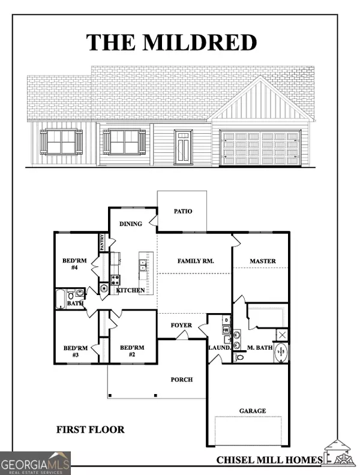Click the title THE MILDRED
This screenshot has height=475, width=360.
tap(172, 43)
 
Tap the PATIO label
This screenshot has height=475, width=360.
tap(183, 212)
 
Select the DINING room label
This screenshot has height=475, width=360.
tap(131, 224)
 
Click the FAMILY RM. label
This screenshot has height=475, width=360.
tap(196, 261)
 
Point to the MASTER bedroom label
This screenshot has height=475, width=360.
tap(263, 261)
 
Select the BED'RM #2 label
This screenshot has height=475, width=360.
tap(132, 351)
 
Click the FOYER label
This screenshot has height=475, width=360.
tap(181, 326)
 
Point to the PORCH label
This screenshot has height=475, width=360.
tap(181, 378)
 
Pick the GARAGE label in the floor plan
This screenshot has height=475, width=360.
tap(253, 411)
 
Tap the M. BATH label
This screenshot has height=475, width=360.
tap(260, 347)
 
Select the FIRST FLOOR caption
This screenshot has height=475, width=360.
tap(91, 429)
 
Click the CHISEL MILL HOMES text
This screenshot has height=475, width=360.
tap(269, 459)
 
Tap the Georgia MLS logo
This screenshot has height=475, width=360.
tap(35, 463)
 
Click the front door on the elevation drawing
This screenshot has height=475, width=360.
tap(182, 148)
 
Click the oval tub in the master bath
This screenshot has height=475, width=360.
tap(281, 353)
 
